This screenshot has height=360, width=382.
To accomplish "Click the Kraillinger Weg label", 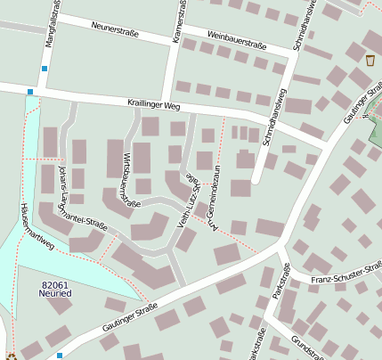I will tap(154, 105).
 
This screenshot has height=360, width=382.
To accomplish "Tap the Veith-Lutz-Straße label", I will tap(190, 200).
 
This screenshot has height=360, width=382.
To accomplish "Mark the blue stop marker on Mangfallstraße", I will tap(44, 68).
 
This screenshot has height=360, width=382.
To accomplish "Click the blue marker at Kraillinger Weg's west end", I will tap(30, 92).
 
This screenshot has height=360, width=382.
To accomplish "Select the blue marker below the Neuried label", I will tap(60, 356).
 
